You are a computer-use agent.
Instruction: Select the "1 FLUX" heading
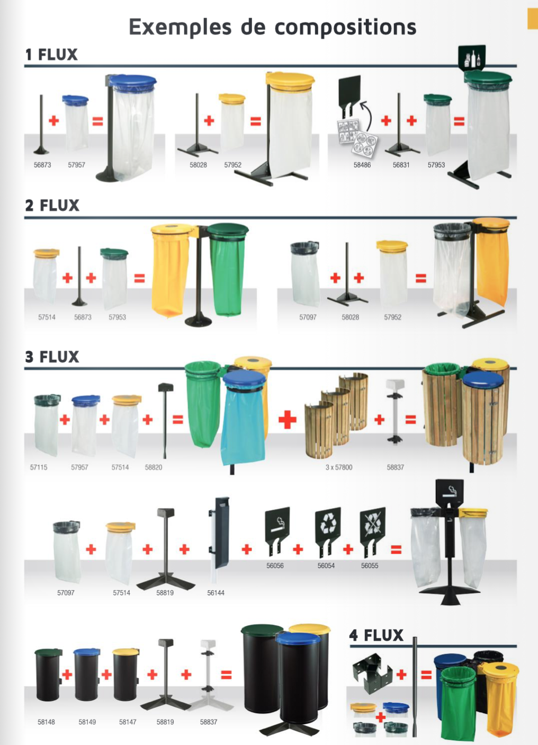click(x=51, y=55)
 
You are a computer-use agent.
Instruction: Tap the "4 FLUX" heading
click(x=376, y=635)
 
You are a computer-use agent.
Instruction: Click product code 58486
click(x=362, y=165)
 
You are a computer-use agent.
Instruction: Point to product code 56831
click(x=401, y=165)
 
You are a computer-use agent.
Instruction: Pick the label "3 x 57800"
click(x=338, y=467)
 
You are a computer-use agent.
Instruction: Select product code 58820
click(x=154, y=467)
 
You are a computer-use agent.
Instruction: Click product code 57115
click(x=39, y=467)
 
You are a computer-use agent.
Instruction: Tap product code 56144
click(x=216, y=593)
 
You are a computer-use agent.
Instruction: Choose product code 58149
click(x=87, y=722)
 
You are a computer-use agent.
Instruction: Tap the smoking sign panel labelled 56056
click(x=277, y=531)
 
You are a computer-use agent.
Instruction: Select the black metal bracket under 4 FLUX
click(x=372, y=673)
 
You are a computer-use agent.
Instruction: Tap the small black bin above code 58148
click(x=48, y=675)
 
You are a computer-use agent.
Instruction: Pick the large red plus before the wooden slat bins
click(x=288, y=420)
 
